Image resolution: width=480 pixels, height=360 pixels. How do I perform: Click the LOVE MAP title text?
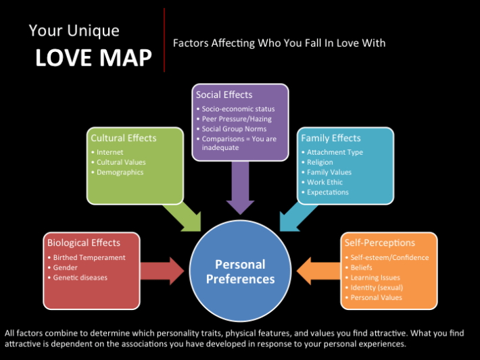tap(93, 57)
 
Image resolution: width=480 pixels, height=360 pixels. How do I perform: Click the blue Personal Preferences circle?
tap(240, 271)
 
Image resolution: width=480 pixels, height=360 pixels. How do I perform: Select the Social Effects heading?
tap(224, 95)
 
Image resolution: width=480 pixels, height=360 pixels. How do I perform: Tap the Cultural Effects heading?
tap(124, 138)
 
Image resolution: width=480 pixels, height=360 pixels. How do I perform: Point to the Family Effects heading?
tap(331, 138)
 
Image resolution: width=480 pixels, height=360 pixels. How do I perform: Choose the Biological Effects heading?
tap(83, 242)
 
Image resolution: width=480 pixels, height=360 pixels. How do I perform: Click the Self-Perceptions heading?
tap(379, 242)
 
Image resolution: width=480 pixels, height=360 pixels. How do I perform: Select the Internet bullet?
tap(110, 152)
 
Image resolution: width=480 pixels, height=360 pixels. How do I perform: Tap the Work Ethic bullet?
tap(325, 182)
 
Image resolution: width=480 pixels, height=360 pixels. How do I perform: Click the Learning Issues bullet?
tap(375, 278)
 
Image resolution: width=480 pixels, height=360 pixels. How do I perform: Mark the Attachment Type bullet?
tap(335, 152)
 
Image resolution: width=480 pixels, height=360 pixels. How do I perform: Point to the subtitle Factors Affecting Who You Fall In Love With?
tap(279, 43)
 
